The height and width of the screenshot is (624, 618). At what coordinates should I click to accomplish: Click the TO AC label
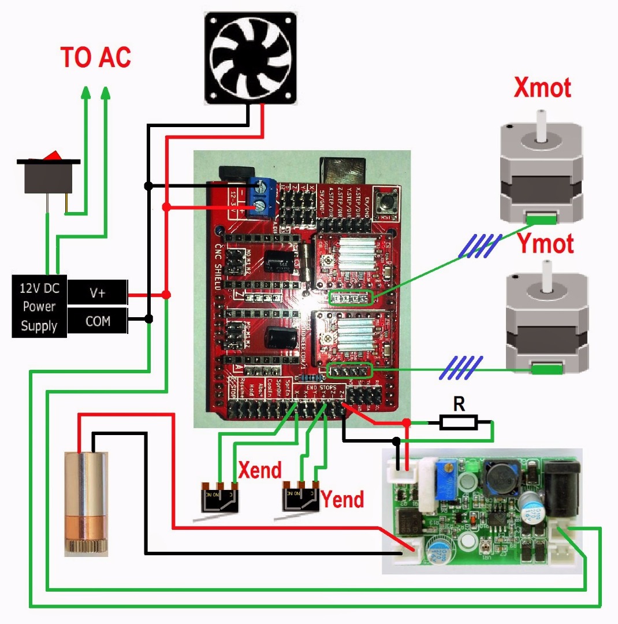tap(96, 57)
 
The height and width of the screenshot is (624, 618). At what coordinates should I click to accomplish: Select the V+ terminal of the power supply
tap(97, 293)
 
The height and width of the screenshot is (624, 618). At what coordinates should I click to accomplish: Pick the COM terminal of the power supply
tap(97, 321)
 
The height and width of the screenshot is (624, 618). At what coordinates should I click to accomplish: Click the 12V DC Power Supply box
tap(39, 306)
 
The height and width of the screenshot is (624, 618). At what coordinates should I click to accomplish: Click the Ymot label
tap(545, 244)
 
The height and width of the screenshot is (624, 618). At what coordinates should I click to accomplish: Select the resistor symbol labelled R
tap(459, 422)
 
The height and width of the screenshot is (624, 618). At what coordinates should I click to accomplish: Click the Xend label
tap(259, 470)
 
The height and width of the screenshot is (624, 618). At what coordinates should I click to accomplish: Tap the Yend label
tap(342, 498)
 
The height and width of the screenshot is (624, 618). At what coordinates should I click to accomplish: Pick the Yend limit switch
tap(300, 497)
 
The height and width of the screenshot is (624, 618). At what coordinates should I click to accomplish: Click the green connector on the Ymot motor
tap(547, 367)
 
